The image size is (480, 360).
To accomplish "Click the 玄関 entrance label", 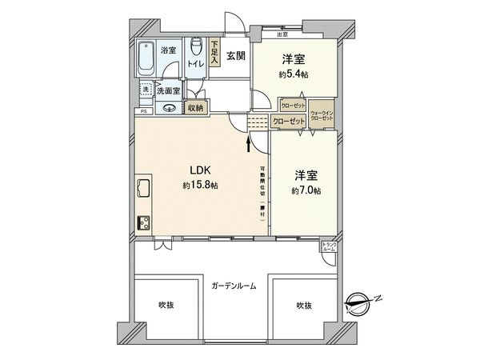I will (x=235, y=55).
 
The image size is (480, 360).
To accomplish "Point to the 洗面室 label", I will (x=168, y=91).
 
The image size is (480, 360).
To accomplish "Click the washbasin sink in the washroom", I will (x=170, y=108).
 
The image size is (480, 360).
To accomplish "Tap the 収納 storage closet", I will (x=196, y=107).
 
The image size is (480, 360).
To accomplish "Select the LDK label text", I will (x=201, y=170).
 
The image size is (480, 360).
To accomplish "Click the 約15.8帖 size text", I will (x=200, y=186).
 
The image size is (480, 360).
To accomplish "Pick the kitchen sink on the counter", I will (x=144, y=188).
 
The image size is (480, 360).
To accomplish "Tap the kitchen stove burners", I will (x=144, y=223).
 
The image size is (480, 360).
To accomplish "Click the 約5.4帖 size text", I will (x=293, y=74).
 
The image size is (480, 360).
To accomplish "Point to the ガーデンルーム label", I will (x=234, y=286).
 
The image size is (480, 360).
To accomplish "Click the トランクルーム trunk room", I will (x=329, y=246).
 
